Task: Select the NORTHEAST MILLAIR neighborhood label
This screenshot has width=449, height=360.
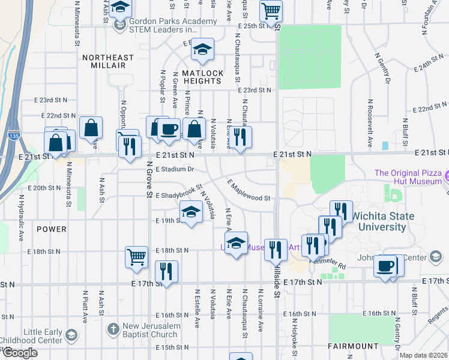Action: pos(108,61)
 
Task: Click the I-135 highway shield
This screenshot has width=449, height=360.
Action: pos(13,136)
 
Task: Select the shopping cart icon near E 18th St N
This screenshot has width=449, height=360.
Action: pos(137,257)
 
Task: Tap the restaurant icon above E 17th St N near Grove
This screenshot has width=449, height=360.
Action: pos(166,271)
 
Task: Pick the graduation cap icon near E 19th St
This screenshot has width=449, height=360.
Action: pos(191,212)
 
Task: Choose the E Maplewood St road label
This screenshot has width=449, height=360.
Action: pos(249,190)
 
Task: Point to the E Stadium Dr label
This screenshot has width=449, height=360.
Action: pos(175,169)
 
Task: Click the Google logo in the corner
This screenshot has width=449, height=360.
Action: pos(20,353)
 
